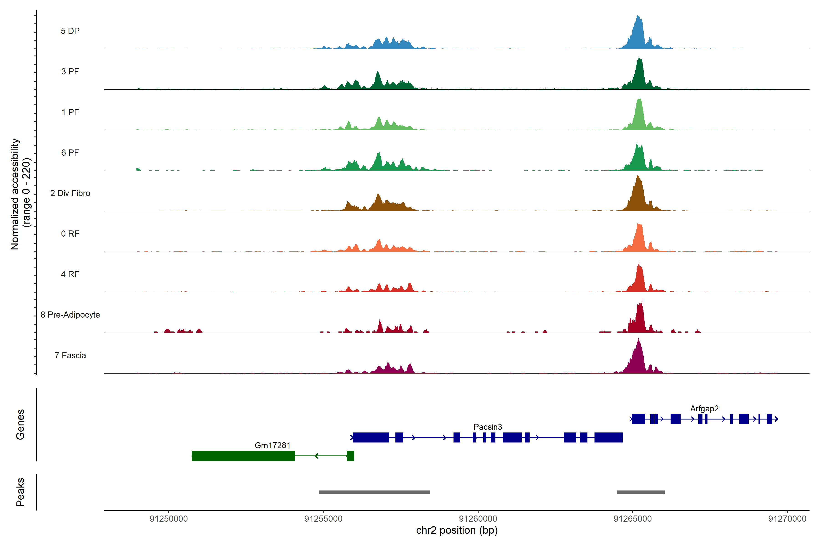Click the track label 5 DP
click(x=70, y=31)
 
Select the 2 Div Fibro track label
click(x=70, y=193)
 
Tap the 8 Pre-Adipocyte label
click(x=70, y=315)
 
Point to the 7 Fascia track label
click(x=70, y=356)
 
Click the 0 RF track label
click(x=70, y=234)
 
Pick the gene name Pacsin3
click(x=487, y=427)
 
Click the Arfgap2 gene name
click(x=704, y=408)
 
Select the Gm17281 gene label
click(x=272, y=445)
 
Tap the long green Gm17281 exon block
click(x=243, y=456)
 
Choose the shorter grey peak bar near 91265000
click(x=641, y=492)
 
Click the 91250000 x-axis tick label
click(x=169, y=519)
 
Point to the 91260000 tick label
click(x=478, y=519)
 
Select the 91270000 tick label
click(x=787, y=519)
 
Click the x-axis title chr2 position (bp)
click(x=457, y=530)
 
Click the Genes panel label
click(x=20, y=425)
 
